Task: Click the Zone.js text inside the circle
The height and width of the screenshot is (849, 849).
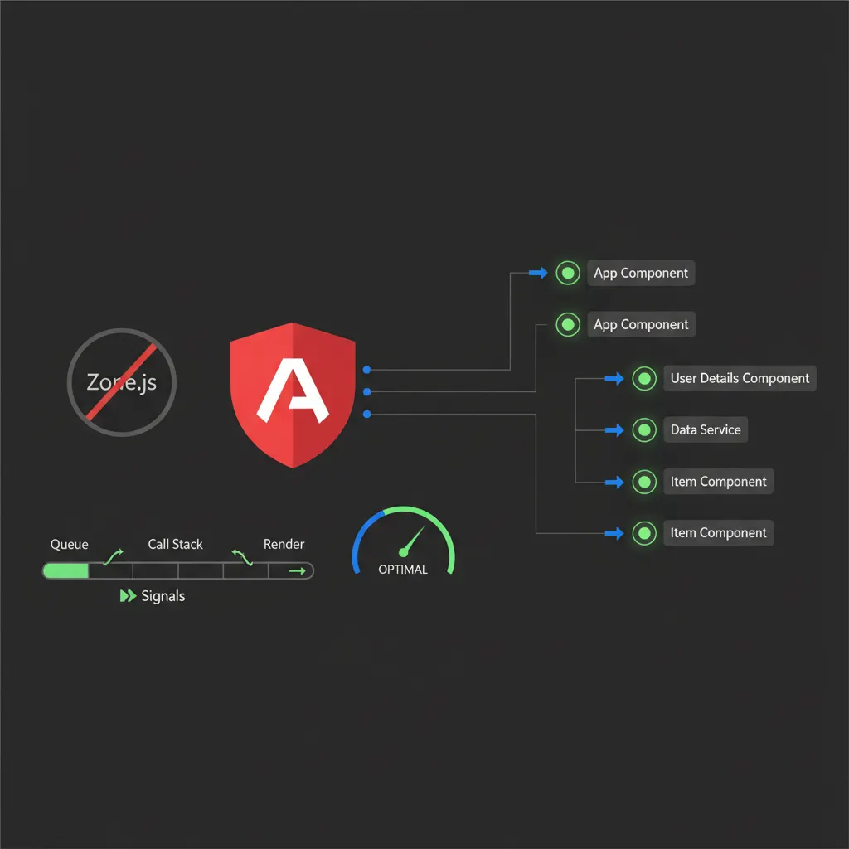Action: (121, 383)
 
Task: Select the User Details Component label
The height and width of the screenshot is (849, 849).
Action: (740, 378)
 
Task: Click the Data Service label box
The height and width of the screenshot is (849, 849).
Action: (706, 429)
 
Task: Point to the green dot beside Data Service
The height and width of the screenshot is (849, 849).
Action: (644, 429)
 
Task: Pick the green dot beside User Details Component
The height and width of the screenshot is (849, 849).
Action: (644, 378)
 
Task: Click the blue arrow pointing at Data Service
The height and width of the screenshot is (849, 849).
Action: (614, 430)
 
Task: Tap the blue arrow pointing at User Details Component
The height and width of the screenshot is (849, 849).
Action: (614, 379)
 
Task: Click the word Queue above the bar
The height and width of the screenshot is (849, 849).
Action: (70, 544)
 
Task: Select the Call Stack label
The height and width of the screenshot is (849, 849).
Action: (176, 544)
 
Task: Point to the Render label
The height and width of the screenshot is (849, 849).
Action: (284, 544)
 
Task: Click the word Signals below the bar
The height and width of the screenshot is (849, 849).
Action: (163, 596)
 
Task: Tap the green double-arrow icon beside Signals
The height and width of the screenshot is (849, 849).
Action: (128, 596)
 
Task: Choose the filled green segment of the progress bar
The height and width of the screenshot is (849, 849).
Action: (66, 570)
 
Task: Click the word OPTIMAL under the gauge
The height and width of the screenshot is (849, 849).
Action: (403, 570)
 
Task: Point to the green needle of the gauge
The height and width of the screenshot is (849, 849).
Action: (412, 540)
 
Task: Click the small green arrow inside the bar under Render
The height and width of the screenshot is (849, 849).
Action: (295, 570)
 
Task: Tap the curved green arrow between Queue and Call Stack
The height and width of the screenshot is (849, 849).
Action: (113, 555)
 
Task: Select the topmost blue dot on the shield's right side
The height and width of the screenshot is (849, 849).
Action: (366, 370)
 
